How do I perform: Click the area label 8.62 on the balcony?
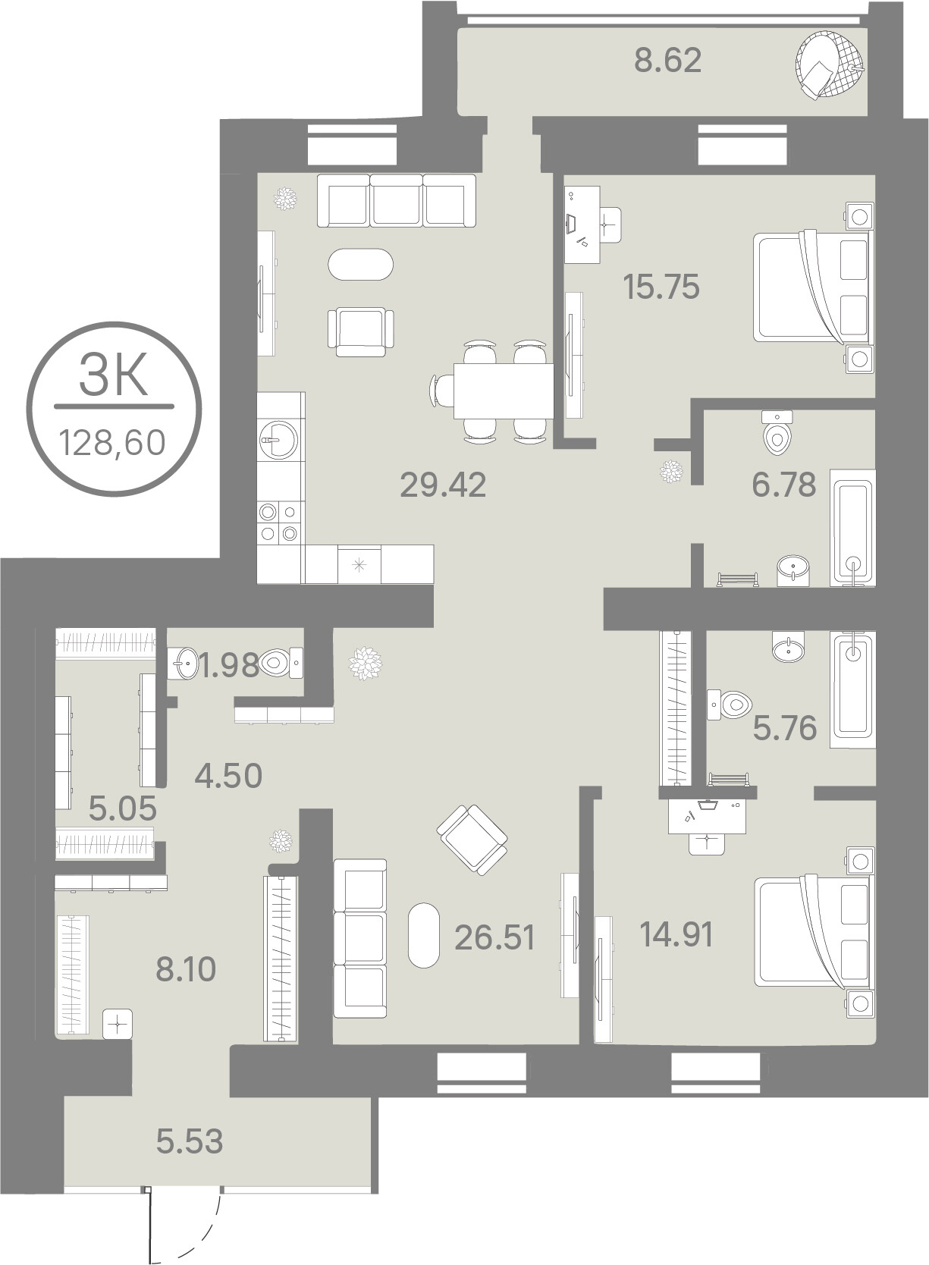tap(667, 61)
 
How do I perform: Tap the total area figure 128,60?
tap(113, 442)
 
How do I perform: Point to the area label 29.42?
tap(443, 485)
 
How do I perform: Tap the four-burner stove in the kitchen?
tap(278, 523)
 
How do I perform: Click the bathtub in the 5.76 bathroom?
tap(852, 689)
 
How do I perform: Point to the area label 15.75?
tap(661, 287)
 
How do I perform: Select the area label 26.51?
tap(494, 938)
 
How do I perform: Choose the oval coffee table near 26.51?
tap(424, 936)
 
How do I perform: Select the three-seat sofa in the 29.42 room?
tap(397, 200)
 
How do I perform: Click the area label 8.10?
tap(186, 970)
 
